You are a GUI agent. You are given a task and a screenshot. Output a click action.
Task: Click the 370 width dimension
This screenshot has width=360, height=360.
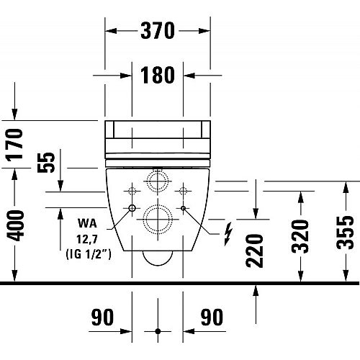pyautogui.click(x=158, y=31)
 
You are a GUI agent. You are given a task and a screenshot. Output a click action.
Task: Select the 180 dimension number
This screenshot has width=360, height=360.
pyautogui.click(x=158, y=75)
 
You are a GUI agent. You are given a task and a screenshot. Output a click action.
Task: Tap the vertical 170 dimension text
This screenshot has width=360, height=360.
pyautogui.click(x=15, y=145)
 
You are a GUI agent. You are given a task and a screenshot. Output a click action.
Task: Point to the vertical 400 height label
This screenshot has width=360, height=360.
pyautogui.click(x=15, y=225)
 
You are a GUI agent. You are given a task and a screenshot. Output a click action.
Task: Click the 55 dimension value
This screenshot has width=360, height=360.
pyautogui.click(x=46, y=162)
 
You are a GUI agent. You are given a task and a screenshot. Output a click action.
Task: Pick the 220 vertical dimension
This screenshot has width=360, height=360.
pyautogui.click(x=254, y=251)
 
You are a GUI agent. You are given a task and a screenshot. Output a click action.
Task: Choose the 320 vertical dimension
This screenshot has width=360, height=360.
pyautogui.click(x=300, y=237)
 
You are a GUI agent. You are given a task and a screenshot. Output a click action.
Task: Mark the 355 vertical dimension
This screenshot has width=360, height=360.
pyautogui.click(x=345, y=233)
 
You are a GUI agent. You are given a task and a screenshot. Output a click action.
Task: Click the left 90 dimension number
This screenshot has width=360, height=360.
pyautogui.click(x=102, y=318)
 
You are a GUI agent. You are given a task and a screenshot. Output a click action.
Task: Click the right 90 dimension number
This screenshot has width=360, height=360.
pyautogui.click(x=212, y=318)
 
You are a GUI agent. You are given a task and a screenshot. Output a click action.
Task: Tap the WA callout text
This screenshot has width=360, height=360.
pyautogui.click(x=87, y=223)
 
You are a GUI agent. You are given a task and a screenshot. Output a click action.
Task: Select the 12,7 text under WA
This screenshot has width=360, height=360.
pyautogui.click(x=87, y=239)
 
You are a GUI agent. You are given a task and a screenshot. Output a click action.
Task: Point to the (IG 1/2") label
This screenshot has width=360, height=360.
pyautogui.click(x=89, y=254)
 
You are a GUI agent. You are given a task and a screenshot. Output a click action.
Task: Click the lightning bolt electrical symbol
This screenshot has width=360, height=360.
pyautogui.click(x=228, y=234)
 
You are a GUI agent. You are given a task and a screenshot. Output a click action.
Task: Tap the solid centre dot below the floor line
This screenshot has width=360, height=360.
pyautogui.click(x=158, y=331)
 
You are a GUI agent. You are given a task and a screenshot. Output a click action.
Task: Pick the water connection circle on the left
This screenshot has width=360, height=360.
pyautogui.click(x=132, y=208)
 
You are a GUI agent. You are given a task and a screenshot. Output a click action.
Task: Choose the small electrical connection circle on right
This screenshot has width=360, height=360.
pyautogui.click(x=183, y=208)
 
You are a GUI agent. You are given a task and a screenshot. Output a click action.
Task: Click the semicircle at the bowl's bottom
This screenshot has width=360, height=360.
pyautogui.click(x=158, y=266)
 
